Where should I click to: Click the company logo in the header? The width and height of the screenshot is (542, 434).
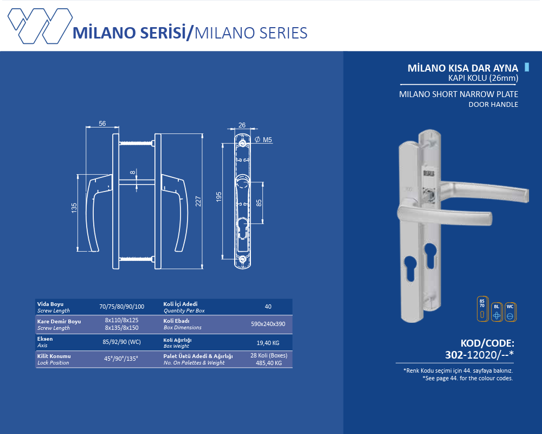pyautogui.click(x=39, y=25)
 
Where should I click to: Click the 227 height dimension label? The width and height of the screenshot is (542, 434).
pyautogui.click(x=198, y=200)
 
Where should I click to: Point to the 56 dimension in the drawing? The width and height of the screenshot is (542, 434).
pyautogui.click(x=102, y=124)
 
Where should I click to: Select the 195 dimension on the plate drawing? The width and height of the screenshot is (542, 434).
pyautogui.click(x=219, y=196)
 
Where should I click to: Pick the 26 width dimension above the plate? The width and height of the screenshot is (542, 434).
pyautogui.click(x=242, y=125)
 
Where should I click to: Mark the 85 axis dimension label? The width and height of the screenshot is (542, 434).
pyautogui.click(x=259, y=203)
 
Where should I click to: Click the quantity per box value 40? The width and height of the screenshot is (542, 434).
pyautogui.click(x=268, y=307)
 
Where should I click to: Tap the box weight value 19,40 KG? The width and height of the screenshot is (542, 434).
pyautogui.click(x=268, y=343)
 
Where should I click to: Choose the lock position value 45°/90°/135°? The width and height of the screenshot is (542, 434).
pyautogui.click(x=121, y=359)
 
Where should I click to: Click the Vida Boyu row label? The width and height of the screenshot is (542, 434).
pyautogui.click(x=50, y=304)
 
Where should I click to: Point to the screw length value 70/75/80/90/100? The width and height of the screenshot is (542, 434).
pyautogui.click(x=121, y=307)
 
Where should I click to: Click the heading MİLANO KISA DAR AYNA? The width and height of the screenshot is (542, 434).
pyautogui.click(x=463, y=68)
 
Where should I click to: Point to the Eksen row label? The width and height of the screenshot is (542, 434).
pyautogui.click(x=45, y=339)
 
